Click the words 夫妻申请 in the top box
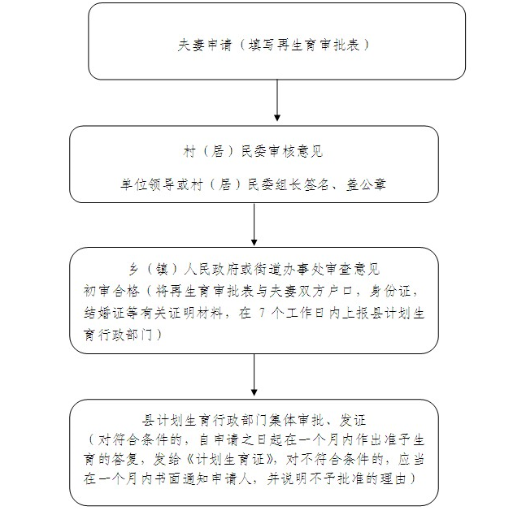[205, 45]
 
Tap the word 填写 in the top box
[262, 45]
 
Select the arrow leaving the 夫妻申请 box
[277, 100]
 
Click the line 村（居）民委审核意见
[253, 152]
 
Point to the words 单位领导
[148, 184]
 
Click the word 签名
[316, 184]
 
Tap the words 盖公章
[366, 184]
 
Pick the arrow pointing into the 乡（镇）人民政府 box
[254, 224]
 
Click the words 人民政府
[211, 270]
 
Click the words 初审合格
[111, 292]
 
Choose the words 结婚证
[105, 314]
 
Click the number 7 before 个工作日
[263, 314]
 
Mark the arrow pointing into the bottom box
[254, 374]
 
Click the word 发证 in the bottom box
[353, 420]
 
